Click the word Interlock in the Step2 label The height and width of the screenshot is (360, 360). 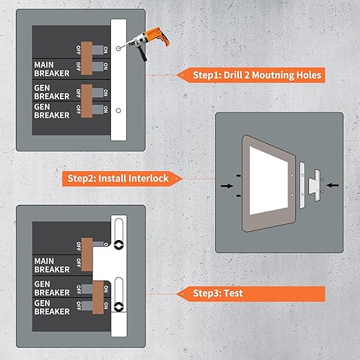(x=143, y=178)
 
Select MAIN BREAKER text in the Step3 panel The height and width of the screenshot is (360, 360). (x=52, y=265)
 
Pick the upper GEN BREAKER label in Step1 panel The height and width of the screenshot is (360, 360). (x=52, y=92)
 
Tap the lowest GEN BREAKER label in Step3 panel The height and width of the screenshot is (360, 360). (x=52, y=307)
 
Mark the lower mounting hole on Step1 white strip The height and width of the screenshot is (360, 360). (x=119, y=111)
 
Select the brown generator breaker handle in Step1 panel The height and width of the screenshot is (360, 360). (x=86, y=97)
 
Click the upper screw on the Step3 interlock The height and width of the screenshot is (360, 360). (x=118, y=244)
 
